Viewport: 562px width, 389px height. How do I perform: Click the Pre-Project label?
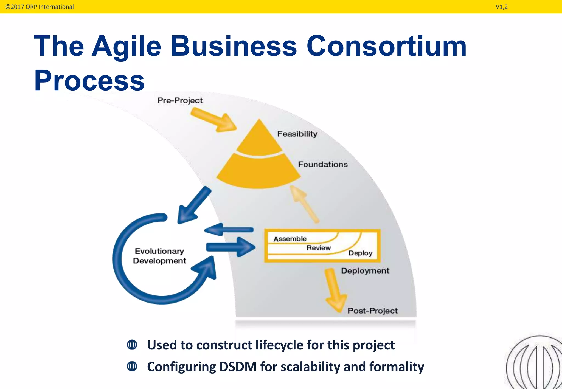click(180, 100)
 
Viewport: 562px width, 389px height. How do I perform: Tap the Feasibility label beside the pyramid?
click(297, 134)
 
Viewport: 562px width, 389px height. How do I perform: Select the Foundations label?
click(323, 164)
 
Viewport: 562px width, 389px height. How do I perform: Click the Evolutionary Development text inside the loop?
click(159, 256)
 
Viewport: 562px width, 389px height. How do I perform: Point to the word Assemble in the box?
click(290, 239)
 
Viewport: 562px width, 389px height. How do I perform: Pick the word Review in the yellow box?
click(319, 248)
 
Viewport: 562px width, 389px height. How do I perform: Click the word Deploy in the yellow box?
click(360, 253)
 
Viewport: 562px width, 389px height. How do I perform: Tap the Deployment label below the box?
click(365, 271)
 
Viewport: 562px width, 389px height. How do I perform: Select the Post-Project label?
click(372, 311)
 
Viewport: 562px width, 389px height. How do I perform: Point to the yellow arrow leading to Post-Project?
click(335, 291)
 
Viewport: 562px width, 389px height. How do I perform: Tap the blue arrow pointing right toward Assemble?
click(231, 247)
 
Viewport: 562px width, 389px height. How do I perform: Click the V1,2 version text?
click(501, 7)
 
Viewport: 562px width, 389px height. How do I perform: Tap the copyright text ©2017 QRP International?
click(40, 7)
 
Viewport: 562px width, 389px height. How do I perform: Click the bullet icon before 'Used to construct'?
click(132, 345)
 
